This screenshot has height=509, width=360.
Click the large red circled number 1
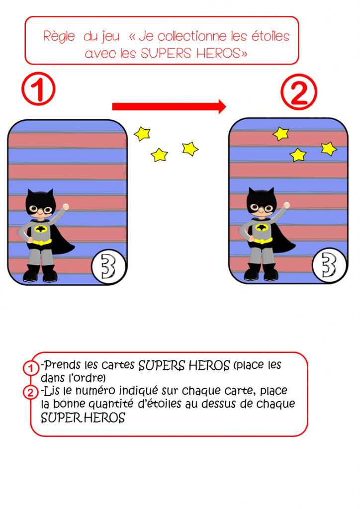pos(38,88)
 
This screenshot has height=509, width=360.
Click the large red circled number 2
pos(299,92)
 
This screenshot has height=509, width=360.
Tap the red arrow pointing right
pos(169,106)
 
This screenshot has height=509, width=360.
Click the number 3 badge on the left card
pos(108,267)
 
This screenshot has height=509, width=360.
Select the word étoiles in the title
pos(270,36)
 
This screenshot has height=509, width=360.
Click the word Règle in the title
pos(59,37)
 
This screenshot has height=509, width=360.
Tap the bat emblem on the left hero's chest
pos(41,229)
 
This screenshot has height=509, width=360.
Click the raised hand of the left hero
pos(66,207)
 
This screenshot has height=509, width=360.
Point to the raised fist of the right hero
pos(286,205)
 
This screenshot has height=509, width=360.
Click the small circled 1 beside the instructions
pos(31,368)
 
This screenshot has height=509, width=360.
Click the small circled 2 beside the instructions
pos(30,393)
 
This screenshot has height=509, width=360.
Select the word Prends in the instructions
pos(62,365)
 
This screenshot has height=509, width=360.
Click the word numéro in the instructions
pos(95,391)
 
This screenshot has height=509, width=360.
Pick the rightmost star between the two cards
pos(190,149)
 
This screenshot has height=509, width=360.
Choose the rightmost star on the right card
pos(329,149)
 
